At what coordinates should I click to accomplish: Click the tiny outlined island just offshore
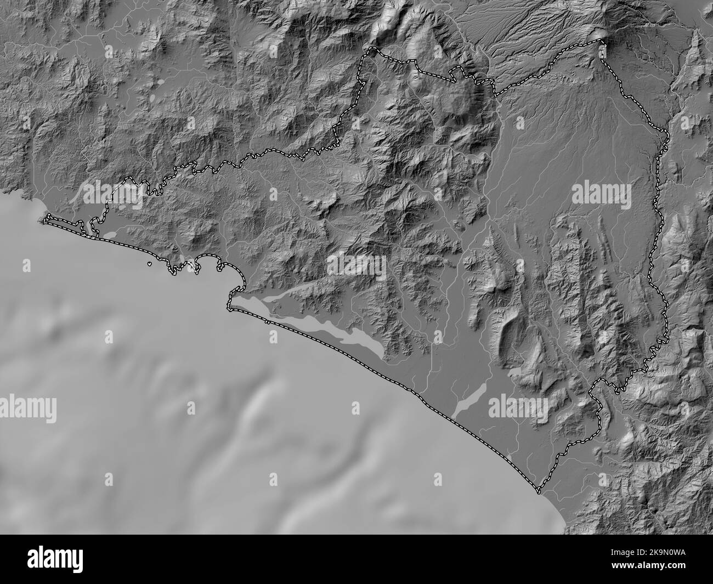150,264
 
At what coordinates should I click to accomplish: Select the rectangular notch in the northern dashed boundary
456,75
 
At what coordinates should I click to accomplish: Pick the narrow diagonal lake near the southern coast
469,400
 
